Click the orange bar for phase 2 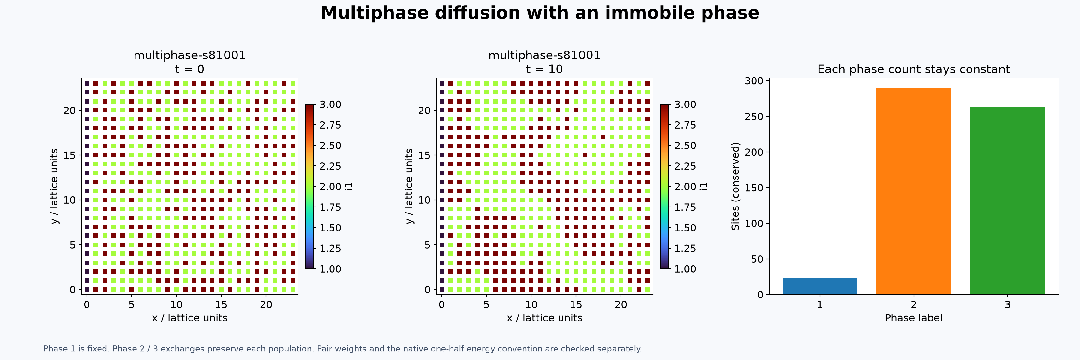(x=914, y=191)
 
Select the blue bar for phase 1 (x=820, y=286)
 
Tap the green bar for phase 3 (x=1007, y=201)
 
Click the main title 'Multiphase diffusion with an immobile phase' (x=540, y=13)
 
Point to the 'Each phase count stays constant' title (x=914, y=69)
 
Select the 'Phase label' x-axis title (x=914, y=318)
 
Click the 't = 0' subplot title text (x=189, y=69)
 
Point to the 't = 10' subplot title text (x=544, y=69)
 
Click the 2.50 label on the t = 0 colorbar (x=330, y=146)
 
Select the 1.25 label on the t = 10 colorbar (x=685, y=248)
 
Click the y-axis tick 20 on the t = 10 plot (x=424, y=110)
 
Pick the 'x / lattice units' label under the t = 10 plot (x=544, y=318)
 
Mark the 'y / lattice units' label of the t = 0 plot (x=54, y=186)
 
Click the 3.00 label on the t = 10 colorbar (x=685, y=104)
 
